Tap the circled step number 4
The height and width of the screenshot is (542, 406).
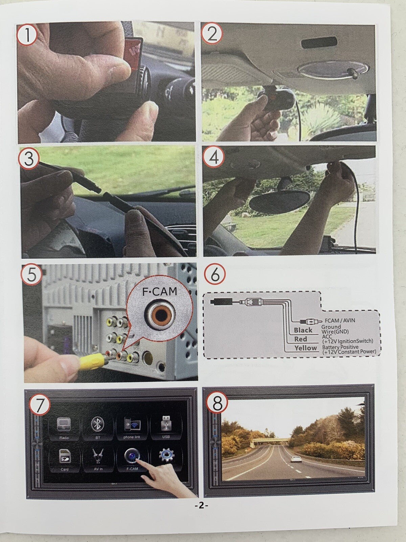[x=214, y=158]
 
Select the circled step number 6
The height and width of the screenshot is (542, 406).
[x=215, y=274]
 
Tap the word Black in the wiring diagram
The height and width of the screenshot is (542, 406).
[x=303, y=330]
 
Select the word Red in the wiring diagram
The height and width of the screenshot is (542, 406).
[x=300, y=339]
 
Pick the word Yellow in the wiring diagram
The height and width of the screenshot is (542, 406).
[x=306, y=348]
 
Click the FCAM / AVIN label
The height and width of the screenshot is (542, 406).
[x=340, y=320]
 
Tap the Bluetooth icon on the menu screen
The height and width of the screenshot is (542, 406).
[x=98, y=424]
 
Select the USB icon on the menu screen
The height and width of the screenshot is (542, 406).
[x=166, y=424]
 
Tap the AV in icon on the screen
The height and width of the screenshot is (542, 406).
[x=98, y=457]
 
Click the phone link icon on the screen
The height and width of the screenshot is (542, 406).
[x=132, y=424]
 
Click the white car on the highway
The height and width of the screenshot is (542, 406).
[x=296, y=459]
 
